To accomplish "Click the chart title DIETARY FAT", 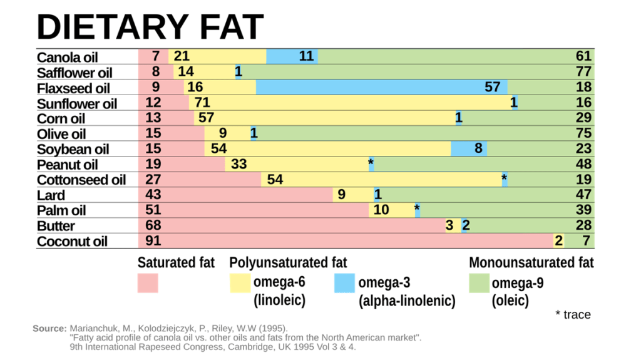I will point(150,26).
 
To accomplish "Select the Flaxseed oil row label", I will point(73,88).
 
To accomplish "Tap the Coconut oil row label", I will point(72,242).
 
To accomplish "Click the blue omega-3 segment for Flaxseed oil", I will point(381,87).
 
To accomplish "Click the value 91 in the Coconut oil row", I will point(153,241).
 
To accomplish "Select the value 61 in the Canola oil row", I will point(583,56).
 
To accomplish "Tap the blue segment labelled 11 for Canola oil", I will point(292,56).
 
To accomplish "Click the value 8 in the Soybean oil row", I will point(478,148).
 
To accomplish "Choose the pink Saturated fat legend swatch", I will point(148,282).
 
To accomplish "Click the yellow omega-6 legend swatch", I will point(240,282).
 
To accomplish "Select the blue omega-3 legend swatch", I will point(345,282).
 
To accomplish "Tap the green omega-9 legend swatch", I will point(479,282).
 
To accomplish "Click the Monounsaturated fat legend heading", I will point(531,262).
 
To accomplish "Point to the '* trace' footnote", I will point(573,314).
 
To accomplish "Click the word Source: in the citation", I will point(49,329).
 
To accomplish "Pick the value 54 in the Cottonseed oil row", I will point(275,180).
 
